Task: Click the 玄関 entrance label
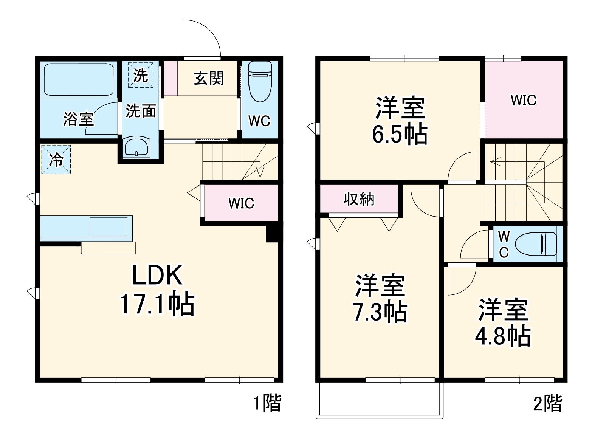click(x=208, y=79)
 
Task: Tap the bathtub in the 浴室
click(x=79, y=79)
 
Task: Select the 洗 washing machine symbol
click(x=140, y=75)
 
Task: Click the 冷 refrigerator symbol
click(x=56, y=160)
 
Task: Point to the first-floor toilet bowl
click(x=260, y=82)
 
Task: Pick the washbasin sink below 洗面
click(x=136, y=147)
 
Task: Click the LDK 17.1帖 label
click(x=157, y=290)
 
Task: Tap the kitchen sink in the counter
click(x=108, y=227)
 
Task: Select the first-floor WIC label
click(x=241, y=203)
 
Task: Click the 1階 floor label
click(x=267, y=403)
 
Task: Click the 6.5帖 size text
click(x=400, y=135)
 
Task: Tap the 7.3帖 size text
click(x=380, y=312)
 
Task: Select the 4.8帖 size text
click(x=502, y=336)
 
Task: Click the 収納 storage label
click(x=359, y=199)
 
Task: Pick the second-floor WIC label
click(x=524, y=100)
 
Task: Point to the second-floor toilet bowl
click(x=536, y=244)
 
